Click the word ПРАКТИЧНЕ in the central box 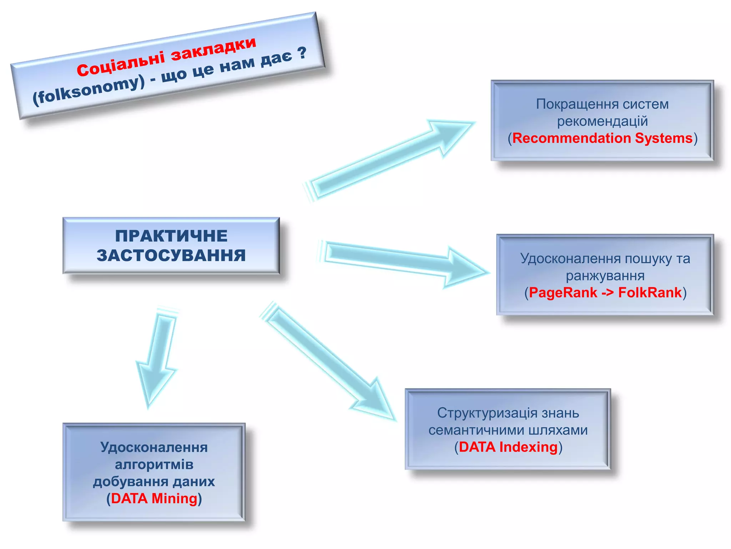(171, 236)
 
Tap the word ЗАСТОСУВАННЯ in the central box (171, 256)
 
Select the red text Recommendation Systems (603, 138)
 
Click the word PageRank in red (563, 293)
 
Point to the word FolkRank (650, 293)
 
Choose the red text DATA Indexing (508, 447)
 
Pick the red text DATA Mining (154, 499)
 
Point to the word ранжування (605, 276)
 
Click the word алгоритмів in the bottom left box (154, 465)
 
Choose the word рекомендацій (603, 122)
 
